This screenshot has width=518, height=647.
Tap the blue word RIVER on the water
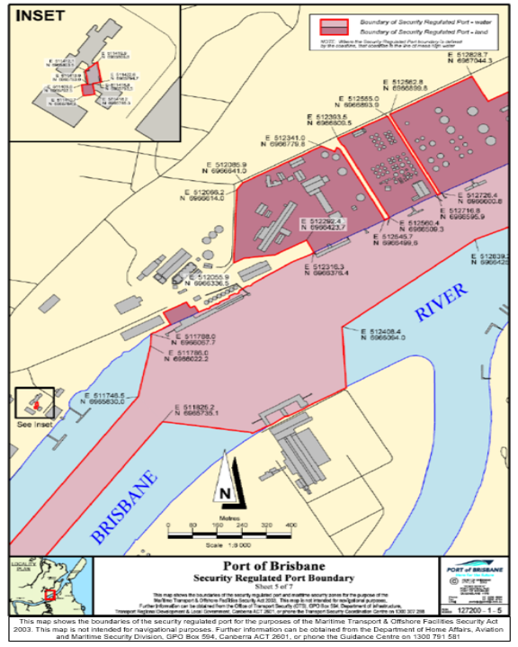click(x=441, y=301)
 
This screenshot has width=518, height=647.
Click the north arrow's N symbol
click(x=226, y=493)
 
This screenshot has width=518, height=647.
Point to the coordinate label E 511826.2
click(x=194, y=406)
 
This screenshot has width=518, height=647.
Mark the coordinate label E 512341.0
click(x=289, y=137)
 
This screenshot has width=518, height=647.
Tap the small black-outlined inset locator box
click(x=34, y=402)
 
